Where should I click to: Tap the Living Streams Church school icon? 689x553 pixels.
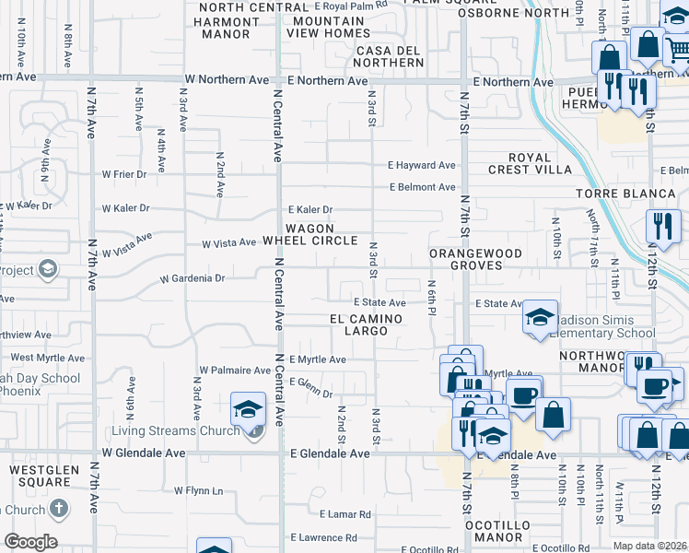pos(248,409)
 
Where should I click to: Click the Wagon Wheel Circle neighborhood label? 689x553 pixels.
pos(309,234)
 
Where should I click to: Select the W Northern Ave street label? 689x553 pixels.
pos(227,80)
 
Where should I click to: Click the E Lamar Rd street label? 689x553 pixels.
pos(344,514)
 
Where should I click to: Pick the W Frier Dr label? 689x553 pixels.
pos(124,173)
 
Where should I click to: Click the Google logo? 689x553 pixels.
pos(30,542)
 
